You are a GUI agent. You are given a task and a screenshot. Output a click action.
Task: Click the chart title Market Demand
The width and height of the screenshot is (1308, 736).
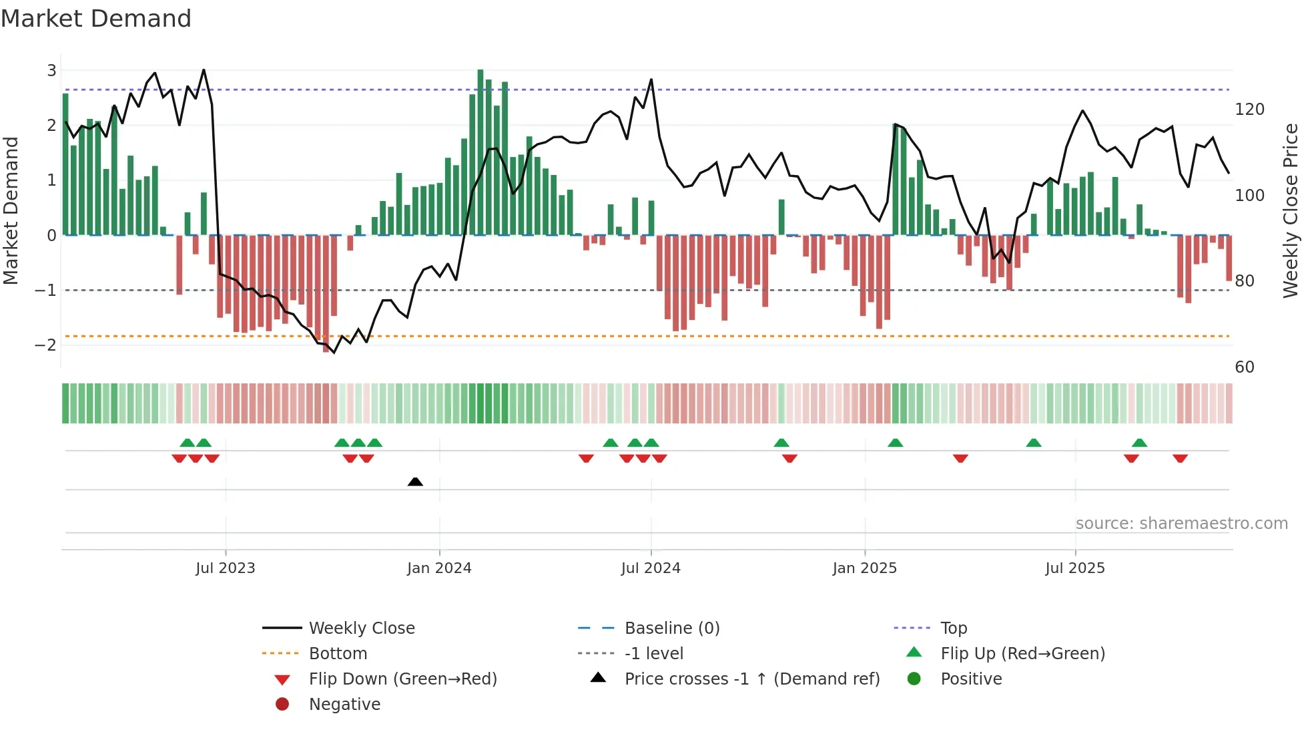point(96,19)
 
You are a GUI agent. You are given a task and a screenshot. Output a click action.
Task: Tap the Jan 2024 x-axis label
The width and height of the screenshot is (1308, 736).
point(439,568)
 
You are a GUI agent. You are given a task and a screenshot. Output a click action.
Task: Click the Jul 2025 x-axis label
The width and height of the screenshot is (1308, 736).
point(1074,568)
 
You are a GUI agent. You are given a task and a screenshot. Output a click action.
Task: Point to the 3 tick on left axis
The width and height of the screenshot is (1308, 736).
point(51,70)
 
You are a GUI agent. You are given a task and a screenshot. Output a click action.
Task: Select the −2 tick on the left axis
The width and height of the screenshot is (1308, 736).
point(45,345)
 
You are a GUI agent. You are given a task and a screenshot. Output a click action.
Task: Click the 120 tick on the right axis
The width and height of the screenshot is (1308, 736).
point(1249,109)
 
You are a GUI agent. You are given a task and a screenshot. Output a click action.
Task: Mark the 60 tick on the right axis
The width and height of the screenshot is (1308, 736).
point(1245,367)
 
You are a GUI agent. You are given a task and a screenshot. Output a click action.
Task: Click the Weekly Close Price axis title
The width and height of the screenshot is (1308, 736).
point(1291,210)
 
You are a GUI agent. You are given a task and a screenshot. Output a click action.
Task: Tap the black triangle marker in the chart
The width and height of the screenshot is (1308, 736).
point(415,482)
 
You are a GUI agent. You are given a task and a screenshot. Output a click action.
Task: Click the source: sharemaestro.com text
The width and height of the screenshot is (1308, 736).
point(1181,524)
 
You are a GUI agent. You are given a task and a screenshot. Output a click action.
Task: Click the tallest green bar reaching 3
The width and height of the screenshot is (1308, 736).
point(480,152)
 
